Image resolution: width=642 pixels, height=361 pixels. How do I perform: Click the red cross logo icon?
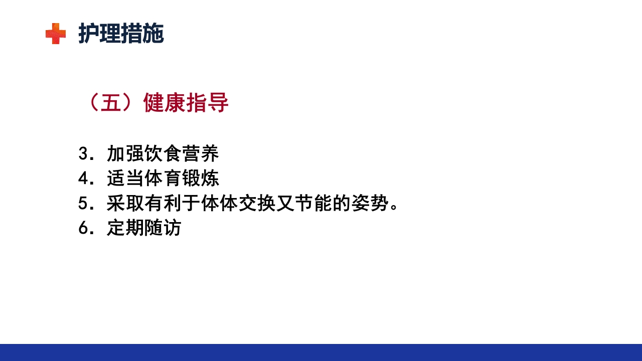click(x=55, y=34)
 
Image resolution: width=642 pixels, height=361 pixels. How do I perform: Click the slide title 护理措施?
click(x=121, y=34)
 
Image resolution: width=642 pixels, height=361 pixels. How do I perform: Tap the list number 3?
click(x=83, y=154)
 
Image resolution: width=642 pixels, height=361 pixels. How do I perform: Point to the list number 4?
click(x=83, y=179)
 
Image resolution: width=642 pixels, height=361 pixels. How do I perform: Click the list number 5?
click(x=83, y=204)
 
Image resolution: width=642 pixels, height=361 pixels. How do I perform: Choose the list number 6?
click(x=83, y=229)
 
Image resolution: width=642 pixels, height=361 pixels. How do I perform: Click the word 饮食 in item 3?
click(x=163, y=154)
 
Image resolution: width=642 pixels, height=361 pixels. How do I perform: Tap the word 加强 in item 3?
click(x=125, y=154)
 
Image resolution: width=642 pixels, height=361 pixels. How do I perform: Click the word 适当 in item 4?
click(x=125, y=179)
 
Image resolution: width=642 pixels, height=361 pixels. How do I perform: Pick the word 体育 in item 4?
click(x=163, y=179)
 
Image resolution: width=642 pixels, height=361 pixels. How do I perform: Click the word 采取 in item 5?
click(x=125, y=204)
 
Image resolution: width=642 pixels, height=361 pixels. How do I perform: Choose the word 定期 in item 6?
click(x=125, y=229)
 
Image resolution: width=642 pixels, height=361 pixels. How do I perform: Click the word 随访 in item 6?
click(x=163, y=229)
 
